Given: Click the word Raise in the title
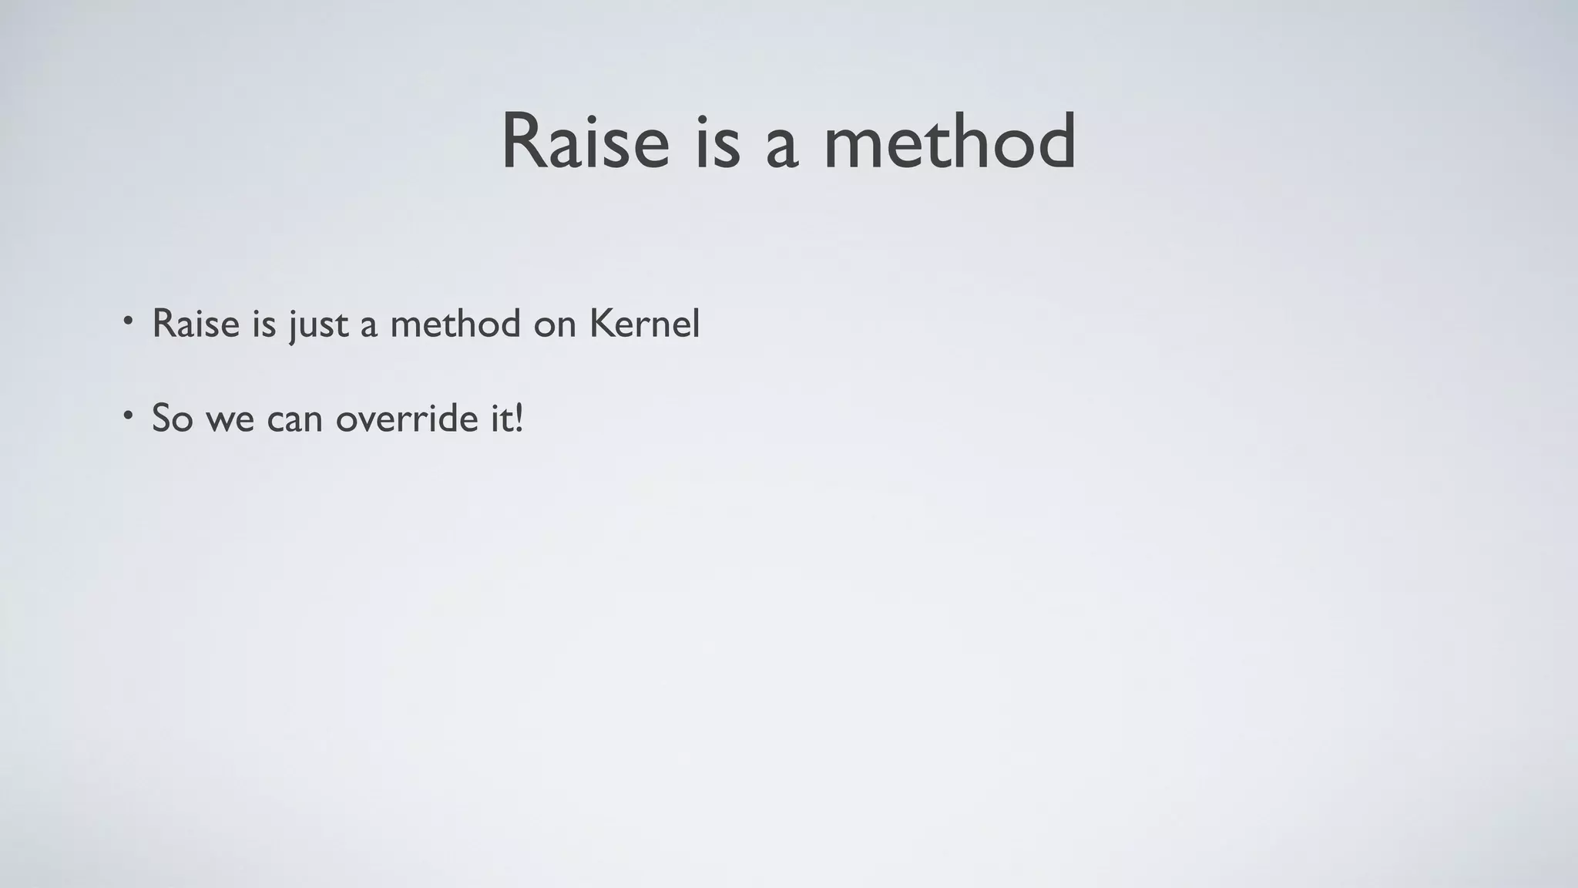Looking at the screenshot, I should [585, 143].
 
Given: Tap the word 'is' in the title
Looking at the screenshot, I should [717, 143].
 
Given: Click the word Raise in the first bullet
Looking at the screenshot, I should [196, 323].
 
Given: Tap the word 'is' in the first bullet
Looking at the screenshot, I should [264, 323].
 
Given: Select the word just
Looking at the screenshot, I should [318, 325].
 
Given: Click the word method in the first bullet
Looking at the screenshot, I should [455, 323].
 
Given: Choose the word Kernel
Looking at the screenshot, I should [644, 323].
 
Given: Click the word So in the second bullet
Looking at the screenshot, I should [172, 419].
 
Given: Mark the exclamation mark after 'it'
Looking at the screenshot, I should [519, 419].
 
